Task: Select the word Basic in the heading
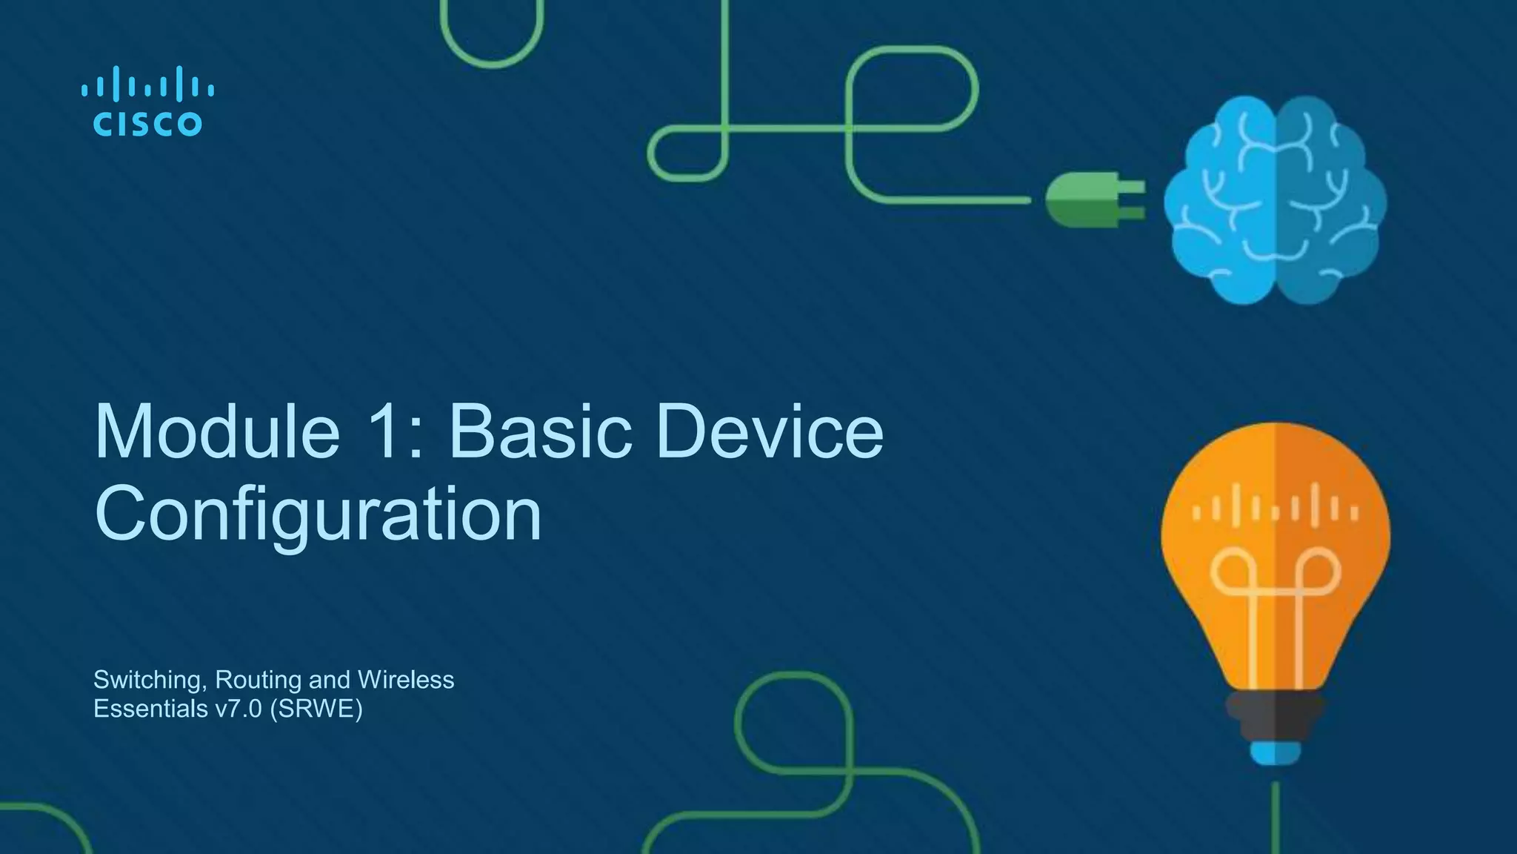click(540, 432)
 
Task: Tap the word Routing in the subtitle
click(258, 680)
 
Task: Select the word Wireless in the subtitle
click(405, 680)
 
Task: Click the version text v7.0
click(239, 709)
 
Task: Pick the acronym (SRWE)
click(316, 709)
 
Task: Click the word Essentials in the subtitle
click(150, 709)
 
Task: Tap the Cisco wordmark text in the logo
click(147, 124)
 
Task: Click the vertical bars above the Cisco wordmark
click(147, 85)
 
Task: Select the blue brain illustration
click(1274, 200)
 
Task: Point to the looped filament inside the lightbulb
click(1275, 593)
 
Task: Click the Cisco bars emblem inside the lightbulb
click(1275, 508)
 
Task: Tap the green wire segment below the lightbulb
click(1276, 815)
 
